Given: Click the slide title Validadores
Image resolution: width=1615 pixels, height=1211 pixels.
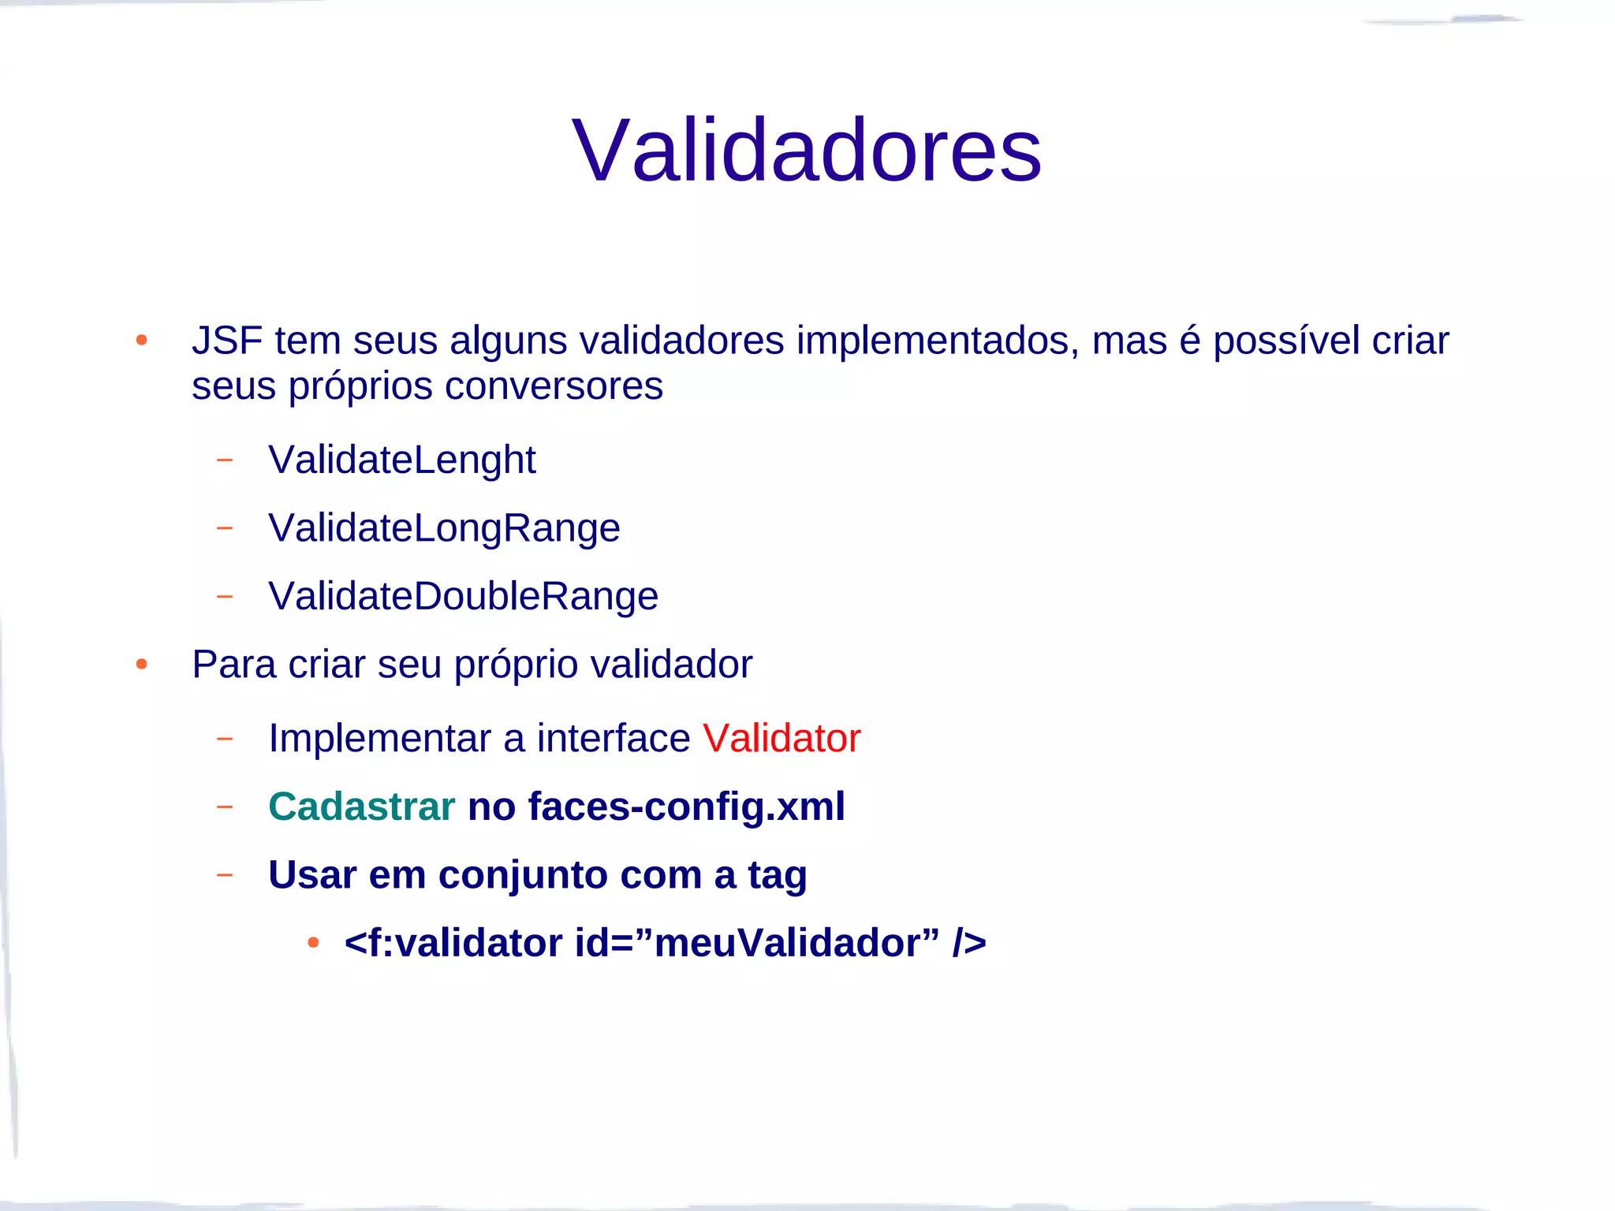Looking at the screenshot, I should pyautogui.click(x=806, y=150).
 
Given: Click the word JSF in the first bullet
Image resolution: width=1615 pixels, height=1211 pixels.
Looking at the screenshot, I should pyautogui.click(x=226, y=341).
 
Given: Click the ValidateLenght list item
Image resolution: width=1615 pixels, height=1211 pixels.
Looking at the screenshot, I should pyautogui.click(x=401, y=460).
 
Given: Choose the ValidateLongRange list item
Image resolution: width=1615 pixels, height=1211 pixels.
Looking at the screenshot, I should pyautogui.click(x=444, y=527).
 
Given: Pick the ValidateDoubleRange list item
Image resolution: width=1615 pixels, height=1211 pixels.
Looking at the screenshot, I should pyautogui.click(x=463, y=596).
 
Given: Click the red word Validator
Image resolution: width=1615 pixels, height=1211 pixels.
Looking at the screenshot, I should pyautogui.click(x=781, y=739).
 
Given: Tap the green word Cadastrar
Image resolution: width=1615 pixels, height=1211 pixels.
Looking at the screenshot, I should pyautogui.click(x=361, y=807).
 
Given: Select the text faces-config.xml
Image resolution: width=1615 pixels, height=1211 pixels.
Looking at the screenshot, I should pyautogui.click(x=686, y=807).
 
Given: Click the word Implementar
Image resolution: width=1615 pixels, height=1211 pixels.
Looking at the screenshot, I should pyautogui.click(x=379, y=739).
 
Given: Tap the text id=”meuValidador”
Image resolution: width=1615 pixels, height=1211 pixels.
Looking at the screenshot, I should pyautogui.click(x=757, y=943).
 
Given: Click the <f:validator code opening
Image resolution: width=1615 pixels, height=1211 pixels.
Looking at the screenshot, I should pyautogui.click(x=453, y=943).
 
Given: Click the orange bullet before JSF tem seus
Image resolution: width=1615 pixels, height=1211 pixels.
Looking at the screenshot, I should pyautogui.click(x=141, y=341).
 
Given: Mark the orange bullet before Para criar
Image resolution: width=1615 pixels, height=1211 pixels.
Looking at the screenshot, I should pyautogui.click(x=141, y=665).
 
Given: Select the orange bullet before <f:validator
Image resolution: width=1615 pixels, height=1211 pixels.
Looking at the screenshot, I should pyautogui.click(x=313, y=943).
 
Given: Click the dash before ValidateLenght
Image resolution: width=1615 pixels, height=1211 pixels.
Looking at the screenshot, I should pyautogui.click(x=225, y=460).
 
